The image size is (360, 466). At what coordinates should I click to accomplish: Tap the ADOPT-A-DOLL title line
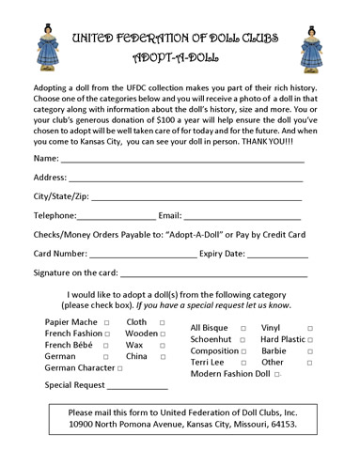click(180, 55)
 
